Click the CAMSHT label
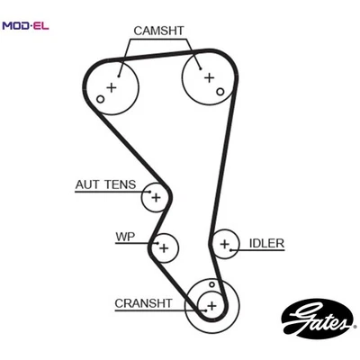(x=158, y=30)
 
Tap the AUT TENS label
(x=105, y=185)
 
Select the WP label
(x=125, y=238)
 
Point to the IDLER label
(x=266, y=242)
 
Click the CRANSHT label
(x=143, y=303)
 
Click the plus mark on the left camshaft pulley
(x=112, y=87)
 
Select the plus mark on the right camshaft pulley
(x=209, y=77)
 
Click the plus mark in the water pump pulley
(x=164, y=246)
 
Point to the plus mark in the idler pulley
(x=224, y=243)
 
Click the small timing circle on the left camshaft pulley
(x=101, y=99)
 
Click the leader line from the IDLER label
(x=240, y=243)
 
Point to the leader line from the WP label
(x=147, y=241)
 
